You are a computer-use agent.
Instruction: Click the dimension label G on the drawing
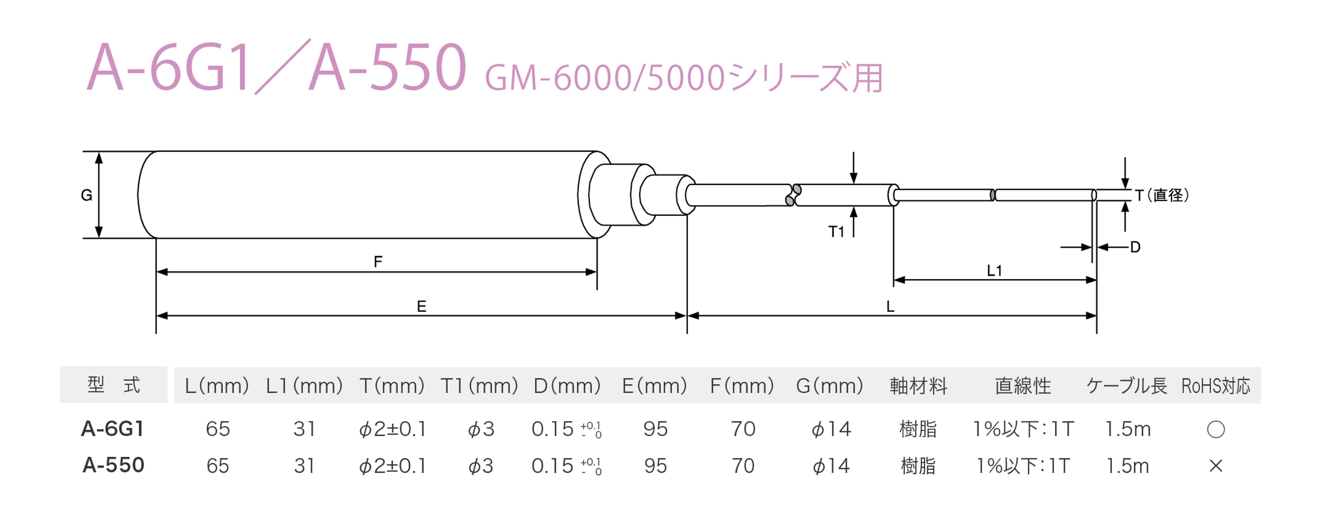[x=86, y=195]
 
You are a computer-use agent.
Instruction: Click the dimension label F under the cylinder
[x=378, y=262]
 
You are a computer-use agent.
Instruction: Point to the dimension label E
[x=421, y=307]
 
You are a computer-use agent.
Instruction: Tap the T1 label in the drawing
[x=837, y=232]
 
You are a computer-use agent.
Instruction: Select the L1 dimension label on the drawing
[x=994, y=270]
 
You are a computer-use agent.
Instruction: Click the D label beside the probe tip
[x=1136, y=247]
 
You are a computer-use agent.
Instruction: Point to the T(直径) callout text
[x=1162, y=195]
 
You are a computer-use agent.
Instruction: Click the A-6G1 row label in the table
[x=113, y=429]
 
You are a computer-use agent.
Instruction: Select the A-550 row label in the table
[x=113, y=465]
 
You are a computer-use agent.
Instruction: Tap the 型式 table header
[x=113, y=385]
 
